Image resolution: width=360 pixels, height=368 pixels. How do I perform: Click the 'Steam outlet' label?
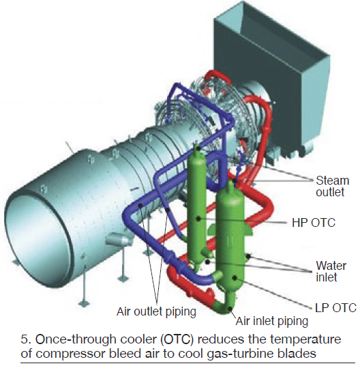click(x=333, y=186)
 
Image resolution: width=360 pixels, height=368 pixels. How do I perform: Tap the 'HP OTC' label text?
click(x=314, y=222)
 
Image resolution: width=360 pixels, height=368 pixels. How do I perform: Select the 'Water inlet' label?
click(x=331, y=271)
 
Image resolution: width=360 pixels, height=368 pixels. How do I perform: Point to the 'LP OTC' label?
click(x=336, y=307)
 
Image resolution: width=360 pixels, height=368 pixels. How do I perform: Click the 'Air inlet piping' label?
click(x=272, y=321)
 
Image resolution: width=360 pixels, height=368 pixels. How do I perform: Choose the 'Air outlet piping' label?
click(x=156, y=312)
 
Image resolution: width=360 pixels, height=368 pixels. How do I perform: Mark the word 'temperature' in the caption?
click(x=305, y=340)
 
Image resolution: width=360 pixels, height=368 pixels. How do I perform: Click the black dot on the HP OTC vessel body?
click(x=198, y=219)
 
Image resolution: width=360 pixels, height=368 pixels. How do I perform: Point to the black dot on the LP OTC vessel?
click(x=235, y=278)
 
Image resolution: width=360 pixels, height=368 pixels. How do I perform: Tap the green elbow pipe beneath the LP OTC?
click(x=224, y=306)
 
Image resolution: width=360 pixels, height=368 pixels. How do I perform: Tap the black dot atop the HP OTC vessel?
click(x=198, y=149)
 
